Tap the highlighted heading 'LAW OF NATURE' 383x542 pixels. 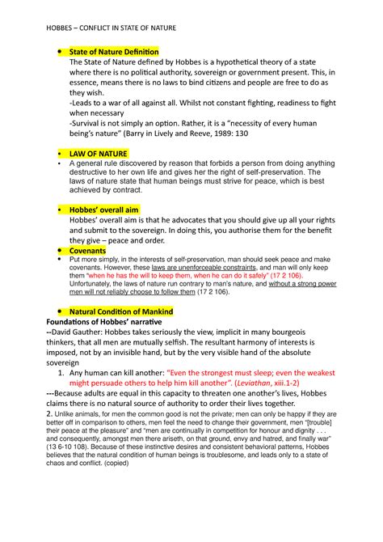pyautogui.click(x=98, y=153)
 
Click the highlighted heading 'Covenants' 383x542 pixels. pyautogui.click(x=88, y=251)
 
